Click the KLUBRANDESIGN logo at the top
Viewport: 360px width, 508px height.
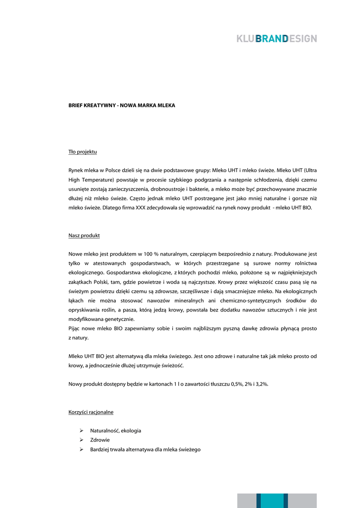[277, 39]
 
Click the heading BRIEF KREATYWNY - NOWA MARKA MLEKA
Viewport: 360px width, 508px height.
[122, 106]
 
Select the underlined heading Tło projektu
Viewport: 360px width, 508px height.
[82, 151]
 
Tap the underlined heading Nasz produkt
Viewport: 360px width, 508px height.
[84, 236]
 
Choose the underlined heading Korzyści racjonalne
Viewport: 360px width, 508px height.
[91, 412]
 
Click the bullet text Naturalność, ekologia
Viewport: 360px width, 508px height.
[115, 431]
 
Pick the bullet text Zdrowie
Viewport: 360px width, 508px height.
[100, 440]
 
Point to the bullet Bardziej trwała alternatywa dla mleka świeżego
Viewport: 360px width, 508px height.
[145, 449]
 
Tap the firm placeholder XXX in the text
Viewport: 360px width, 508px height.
[141, 208]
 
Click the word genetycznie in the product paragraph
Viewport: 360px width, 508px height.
[117, 319]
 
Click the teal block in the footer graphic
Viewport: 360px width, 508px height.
[272, 501]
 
